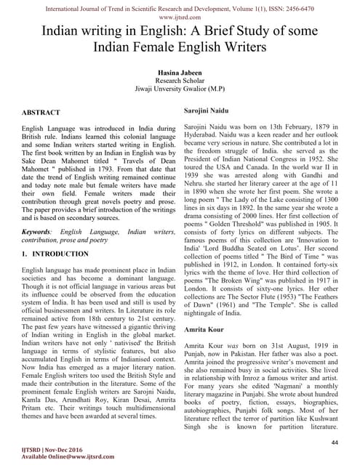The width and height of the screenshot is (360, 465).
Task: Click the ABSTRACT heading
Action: [41, 114]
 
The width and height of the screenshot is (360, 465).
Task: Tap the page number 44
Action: [335, 442]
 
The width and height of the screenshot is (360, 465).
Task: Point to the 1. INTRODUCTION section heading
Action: [55, 254]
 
